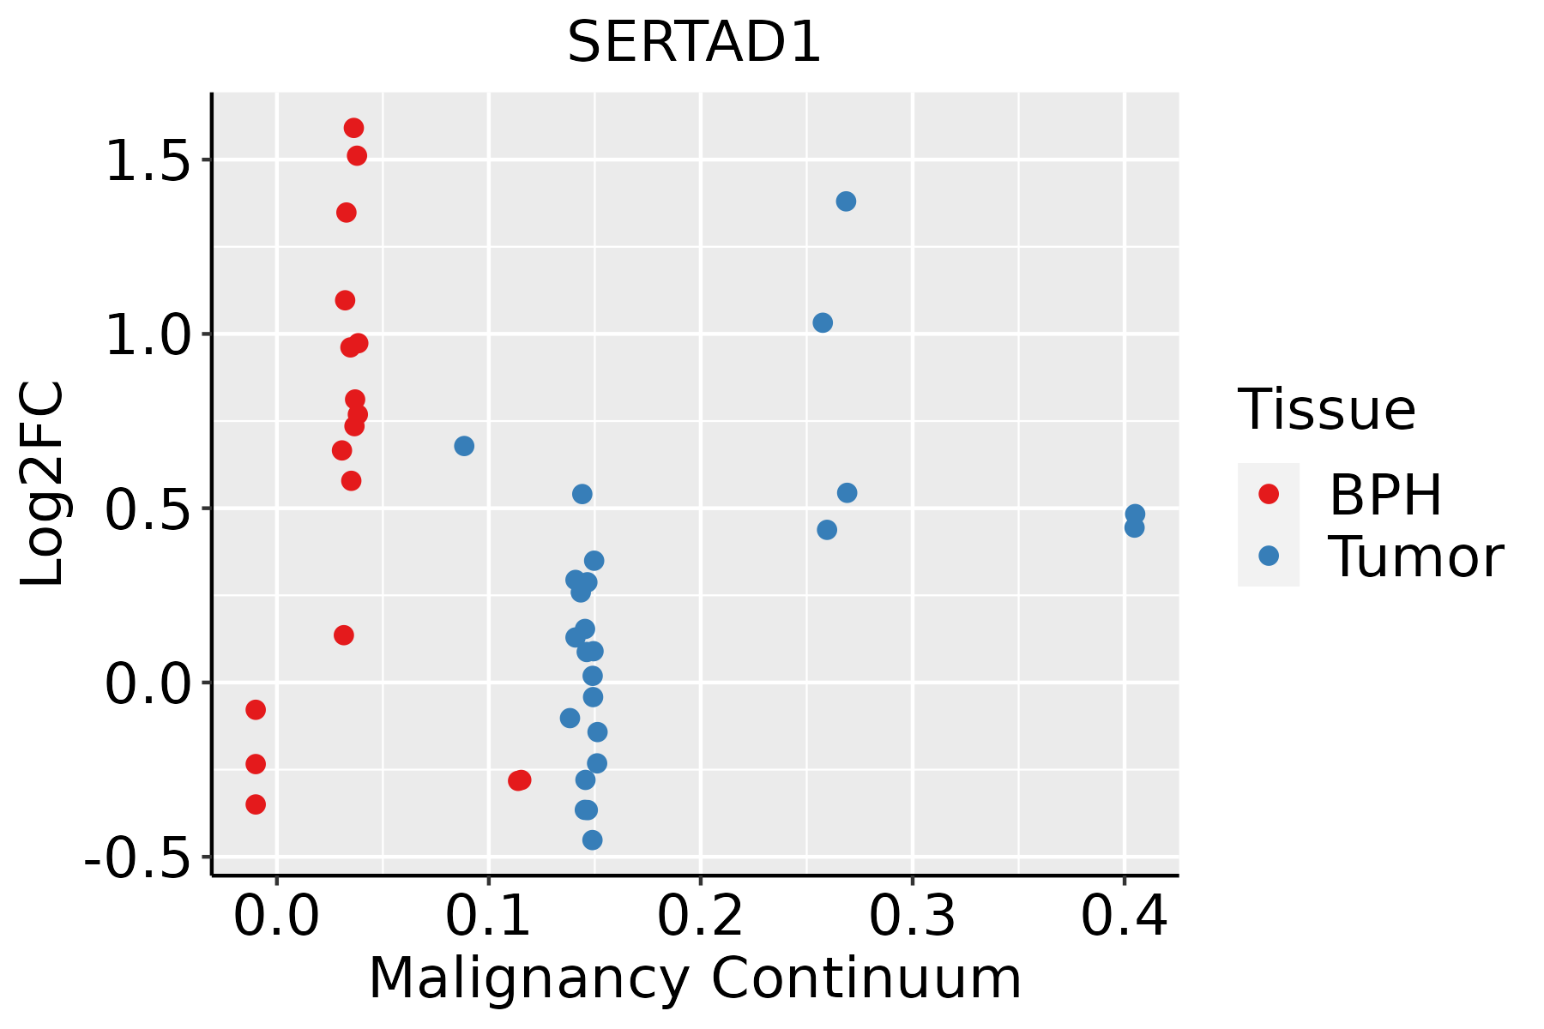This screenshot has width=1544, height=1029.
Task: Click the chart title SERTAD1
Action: [x=694, y=43]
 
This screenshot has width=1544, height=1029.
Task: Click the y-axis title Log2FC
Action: [x=43, y=484]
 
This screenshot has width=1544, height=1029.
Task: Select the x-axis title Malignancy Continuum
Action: [x=695, y=978]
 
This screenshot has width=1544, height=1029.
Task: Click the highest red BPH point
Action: [x=353, y=128]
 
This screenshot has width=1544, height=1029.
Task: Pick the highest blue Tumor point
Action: [x=846, y=202]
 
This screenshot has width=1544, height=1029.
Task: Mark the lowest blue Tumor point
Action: [x=592, y=839]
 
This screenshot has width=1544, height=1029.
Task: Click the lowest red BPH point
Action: [x=256, y=804]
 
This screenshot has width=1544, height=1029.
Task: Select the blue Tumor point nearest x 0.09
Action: [x=464, y=446]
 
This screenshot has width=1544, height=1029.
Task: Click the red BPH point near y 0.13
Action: [x=344, y=635]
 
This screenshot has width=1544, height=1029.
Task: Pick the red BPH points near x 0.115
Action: [x=520, y=780]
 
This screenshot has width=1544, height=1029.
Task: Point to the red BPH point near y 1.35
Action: [x=347, y=213]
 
